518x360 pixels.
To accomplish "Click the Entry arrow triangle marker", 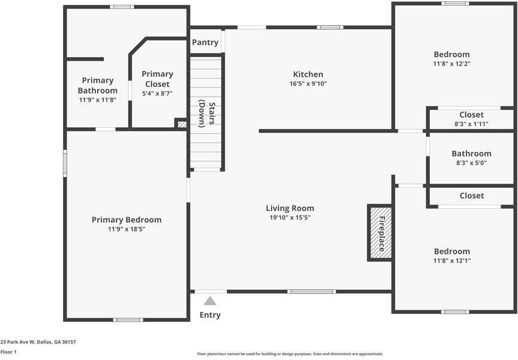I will [x=210, y=301].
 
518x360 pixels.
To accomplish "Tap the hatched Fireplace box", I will [x=380, y=233].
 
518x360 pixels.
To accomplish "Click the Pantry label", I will [x=205, y=43].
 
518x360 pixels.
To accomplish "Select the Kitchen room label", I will [x=308, y=74].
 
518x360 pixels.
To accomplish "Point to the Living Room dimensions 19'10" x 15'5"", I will [x=290, y=218].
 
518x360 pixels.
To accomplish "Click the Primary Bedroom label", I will [x=127, y=220].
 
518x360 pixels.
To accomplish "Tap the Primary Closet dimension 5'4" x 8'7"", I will [x=157, y=94].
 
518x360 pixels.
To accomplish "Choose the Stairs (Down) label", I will [x=206, y=113].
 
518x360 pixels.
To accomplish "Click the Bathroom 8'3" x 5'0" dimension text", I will [x=471, y=163].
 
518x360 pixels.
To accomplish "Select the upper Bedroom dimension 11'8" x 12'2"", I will [x=451, y=64].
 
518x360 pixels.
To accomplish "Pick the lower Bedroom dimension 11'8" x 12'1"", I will [x=451, y=261].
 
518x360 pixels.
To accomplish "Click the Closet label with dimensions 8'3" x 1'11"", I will [x=471, y=115].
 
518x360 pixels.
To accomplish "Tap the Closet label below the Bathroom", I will [x=471, y=196].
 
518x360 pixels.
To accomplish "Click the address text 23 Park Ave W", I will [x=38, y=342].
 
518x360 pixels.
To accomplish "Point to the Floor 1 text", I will [x=8, y=352].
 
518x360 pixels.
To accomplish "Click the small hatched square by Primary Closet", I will [x=182, y=124].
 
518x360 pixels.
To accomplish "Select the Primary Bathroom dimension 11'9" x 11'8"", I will [x=98, y=100].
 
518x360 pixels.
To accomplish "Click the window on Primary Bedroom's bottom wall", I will [x=128, y=320].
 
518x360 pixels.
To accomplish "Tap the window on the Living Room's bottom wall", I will [x=311, y=292].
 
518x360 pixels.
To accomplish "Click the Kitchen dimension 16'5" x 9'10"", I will [x=308, y=84].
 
